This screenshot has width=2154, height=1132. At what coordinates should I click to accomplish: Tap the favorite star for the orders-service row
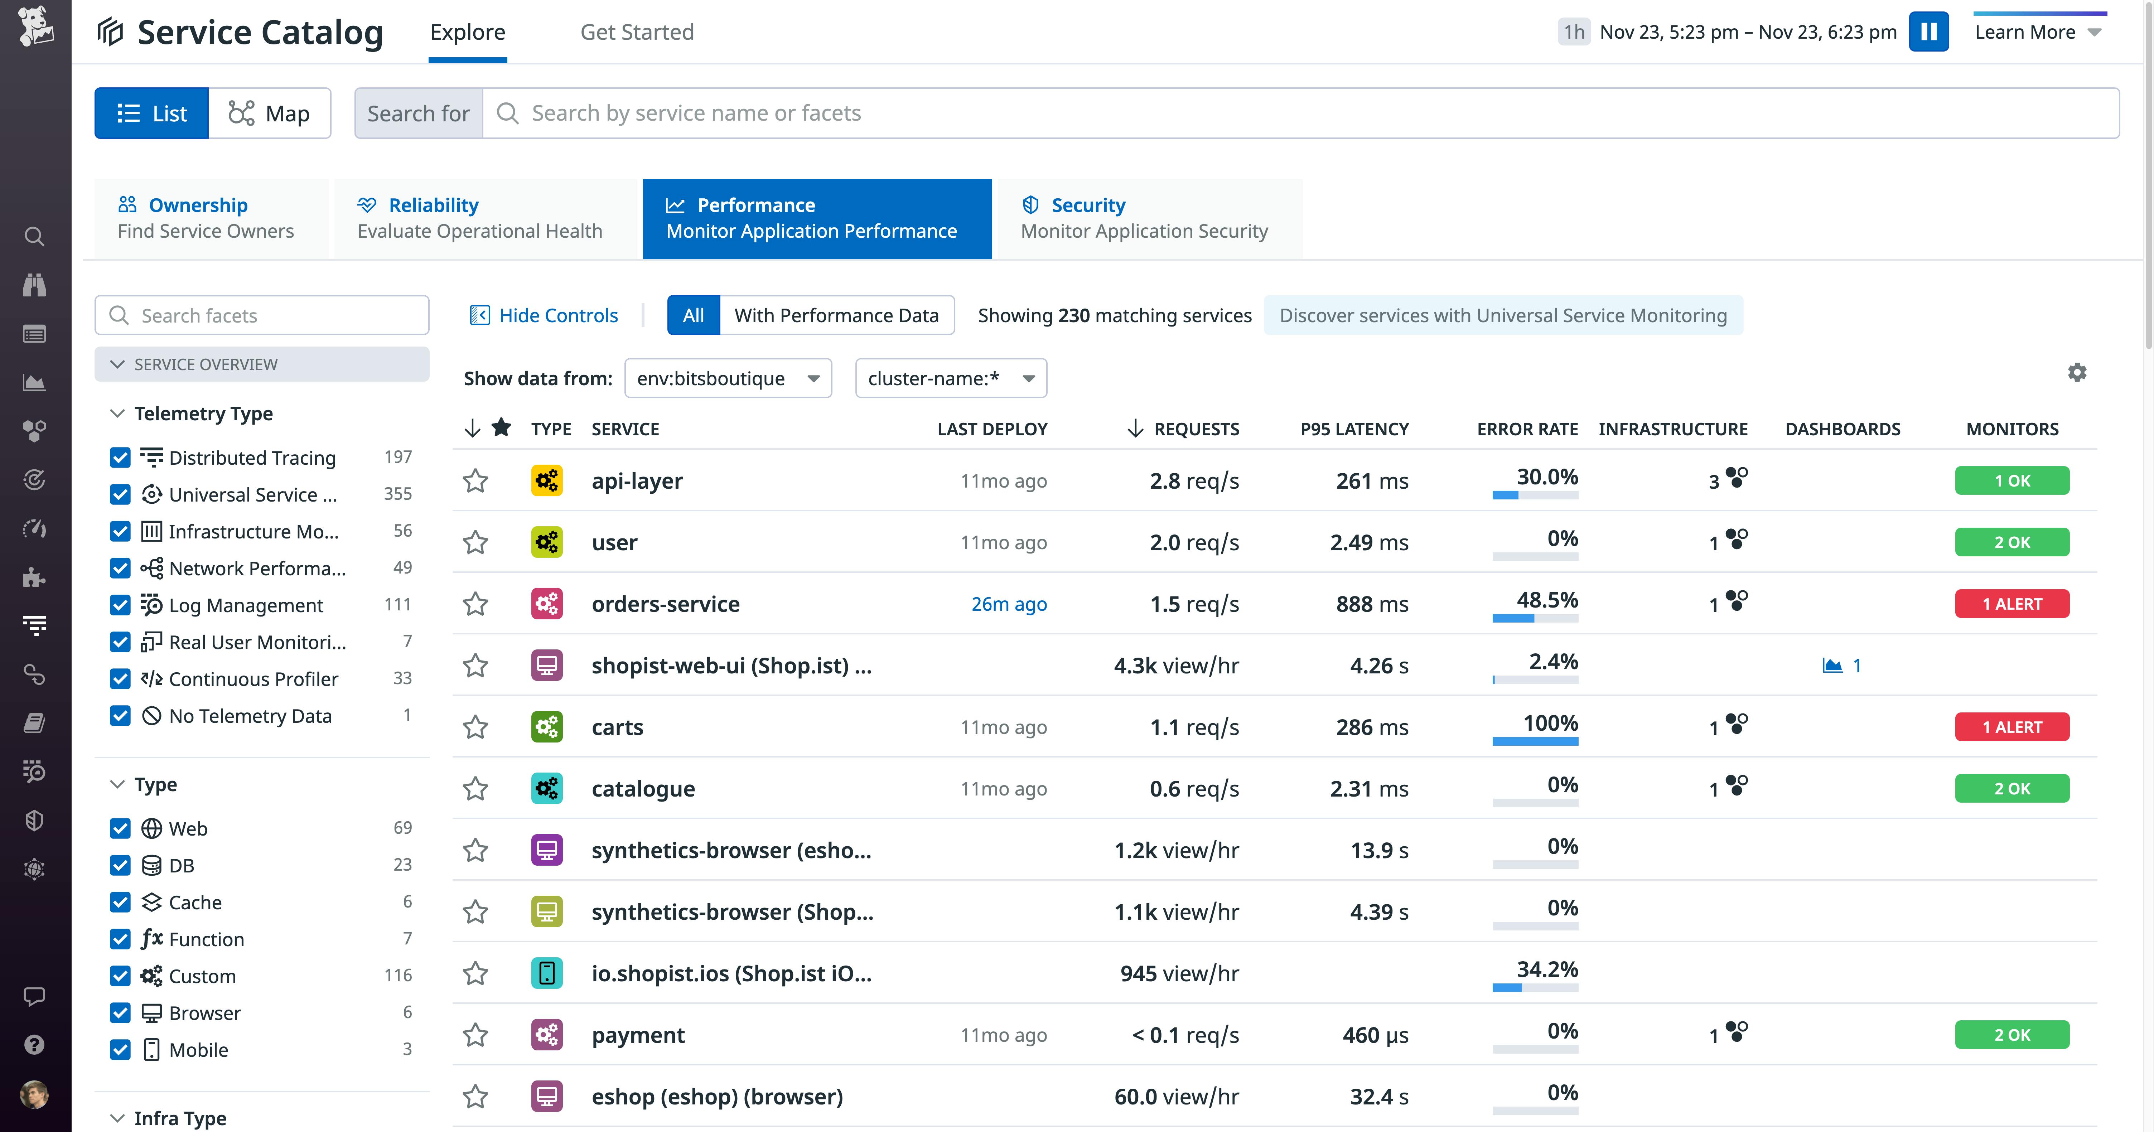coord(476,604)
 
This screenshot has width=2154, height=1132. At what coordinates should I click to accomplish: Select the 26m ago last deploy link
coord(1008,604)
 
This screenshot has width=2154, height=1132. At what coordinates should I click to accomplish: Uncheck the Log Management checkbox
coord(120,605)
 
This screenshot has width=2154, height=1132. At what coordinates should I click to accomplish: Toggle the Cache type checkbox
coord(120,902)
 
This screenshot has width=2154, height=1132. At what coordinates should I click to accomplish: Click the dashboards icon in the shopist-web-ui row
coord(1832,666)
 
